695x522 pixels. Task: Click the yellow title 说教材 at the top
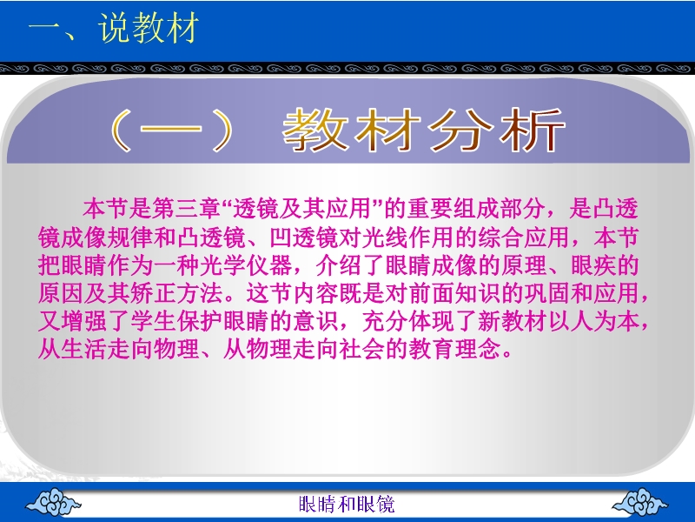tap(149, 28)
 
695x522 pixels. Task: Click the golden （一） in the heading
tap(171, 130)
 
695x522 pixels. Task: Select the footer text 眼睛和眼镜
tap(347, 505)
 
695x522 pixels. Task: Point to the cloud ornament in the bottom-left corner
tap(53, 502)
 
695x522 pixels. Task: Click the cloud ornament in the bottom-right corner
tap(639, 502)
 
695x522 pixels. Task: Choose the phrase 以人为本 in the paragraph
tap(592, 321)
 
